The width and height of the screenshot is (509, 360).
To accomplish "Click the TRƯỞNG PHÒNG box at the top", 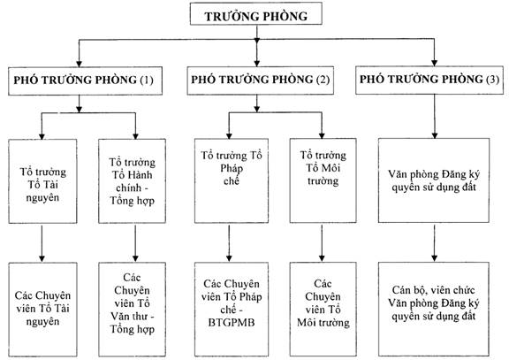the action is [255, 13].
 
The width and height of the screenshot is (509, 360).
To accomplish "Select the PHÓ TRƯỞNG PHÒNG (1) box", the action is [85, 80].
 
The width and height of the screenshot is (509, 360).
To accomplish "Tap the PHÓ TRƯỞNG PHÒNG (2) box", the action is [261, 80].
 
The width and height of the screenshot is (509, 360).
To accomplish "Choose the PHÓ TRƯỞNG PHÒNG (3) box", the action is [429, 80].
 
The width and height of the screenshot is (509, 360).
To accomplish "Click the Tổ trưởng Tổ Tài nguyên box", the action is [42, 181].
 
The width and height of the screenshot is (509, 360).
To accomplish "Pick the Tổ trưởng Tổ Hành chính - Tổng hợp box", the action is [133, 181].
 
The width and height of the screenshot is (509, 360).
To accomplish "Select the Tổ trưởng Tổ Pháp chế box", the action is [232, 180].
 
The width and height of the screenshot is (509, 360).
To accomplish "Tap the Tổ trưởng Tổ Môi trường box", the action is [323, 180].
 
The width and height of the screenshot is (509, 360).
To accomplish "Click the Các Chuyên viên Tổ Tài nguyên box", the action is [42, 310].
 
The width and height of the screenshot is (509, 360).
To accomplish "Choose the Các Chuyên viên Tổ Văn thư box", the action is [133, 310].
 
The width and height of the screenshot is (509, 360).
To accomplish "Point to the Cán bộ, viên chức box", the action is [434, 309].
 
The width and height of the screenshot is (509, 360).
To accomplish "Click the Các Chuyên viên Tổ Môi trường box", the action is [323, 309].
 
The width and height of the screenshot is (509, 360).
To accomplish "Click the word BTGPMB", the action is [232, 323].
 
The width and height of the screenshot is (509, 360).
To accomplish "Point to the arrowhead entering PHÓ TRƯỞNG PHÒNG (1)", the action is [79, 64].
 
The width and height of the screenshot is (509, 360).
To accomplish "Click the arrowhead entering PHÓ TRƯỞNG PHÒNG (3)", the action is [435, 63].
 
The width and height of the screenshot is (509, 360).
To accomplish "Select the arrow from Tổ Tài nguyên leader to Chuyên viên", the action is [42, 243].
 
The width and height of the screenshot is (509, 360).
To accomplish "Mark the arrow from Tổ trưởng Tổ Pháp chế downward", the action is [229, 243].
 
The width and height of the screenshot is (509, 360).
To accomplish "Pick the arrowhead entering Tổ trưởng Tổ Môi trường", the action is [322, 135].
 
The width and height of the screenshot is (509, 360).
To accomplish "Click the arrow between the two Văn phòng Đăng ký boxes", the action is [435, 243].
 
